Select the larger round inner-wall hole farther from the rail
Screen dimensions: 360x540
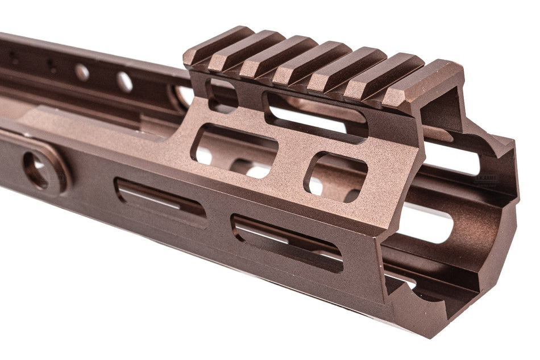pyautogui.click(x=82, y=72)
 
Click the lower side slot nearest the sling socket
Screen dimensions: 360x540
pyautogui.click(x=160, y=198)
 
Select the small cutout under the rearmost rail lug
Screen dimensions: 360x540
pyautogui.click(x=222, y=93)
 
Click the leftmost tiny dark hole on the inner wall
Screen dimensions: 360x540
pyautogui.click(x=13, y=57)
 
